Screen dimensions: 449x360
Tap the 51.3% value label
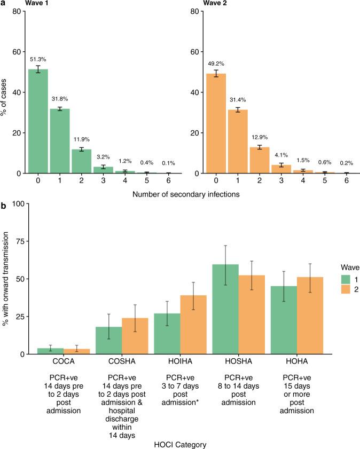tap(38, 59)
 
